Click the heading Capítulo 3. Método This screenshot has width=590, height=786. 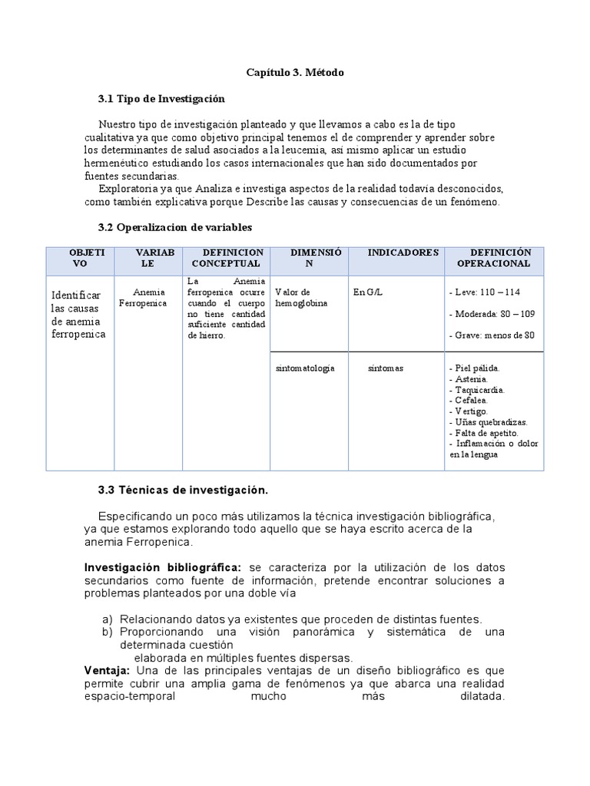[295, 72]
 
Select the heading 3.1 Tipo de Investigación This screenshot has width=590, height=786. [161, 99]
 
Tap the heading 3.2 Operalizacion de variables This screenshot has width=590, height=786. [175, 227]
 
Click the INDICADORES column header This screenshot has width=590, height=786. [403, 253]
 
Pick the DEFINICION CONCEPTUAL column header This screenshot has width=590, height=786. [227, 258]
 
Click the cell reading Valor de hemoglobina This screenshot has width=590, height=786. [301, 298]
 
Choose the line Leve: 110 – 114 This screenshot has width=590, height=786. [483, 292]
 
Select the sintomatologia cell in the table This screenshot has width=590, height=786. [305, 368]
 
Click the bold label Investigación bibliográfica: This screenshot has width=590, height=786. [162, 567]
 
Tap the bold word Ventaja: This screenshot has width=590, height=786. [108, 671]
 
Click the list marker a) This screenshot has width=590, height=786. [108, 619]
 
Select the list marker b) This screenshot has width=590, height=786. [108, 632]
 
